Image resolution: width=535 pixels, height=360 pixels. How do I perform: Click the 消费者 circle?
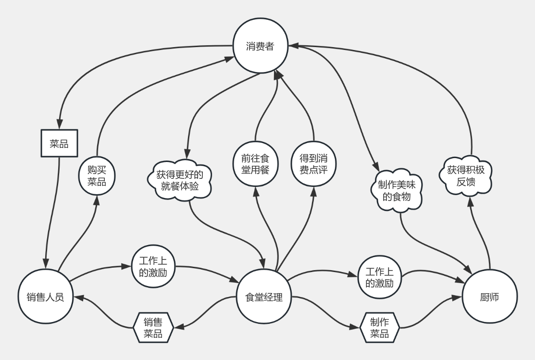(x=261, y=46)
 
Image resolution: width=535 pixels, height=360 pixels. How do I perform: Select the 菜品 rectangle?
(x=60, y=143)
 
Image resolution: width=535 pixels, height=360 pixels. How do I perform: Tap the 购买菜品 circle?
(x=97, y=176)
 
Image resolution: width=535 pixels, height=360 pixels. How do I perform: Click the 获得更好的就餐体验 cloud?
(x=179, y=181)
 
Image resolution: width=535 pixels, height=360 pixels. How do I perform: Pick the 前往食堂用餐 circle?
(x=256, y=164)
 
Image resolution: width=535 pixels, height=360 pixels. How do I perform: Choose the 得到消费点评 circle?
(x=313, y=164)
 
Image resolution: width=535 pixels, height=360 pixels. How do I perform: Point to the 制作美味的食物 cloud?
(x=397, y=191)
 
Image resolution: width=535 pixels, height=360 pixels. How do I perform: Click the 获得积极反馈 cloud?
(x=465, y=176)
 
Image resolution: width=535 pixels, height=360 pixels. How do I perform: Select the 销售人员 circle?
(x=45, y=297)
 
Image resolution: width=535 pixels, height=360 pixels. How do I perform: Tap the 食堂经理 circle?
(x=264, y=297)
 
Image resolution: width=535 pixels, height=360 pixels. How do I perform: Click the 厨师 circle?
(x=490, y=297)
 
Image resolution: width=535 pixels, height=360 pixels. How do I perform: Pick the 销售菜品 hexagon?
(x=153, y=328)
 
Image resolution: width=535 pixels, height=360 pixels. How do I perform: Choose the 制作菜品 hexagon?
(x=379, y=328)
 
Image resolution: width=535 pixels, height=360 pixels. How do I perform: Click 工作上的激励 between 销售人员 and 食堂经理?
(x=153, y=266)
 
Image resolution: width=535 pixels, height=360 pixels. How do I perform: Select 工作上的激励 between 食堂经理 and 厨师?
(x=379, y=277)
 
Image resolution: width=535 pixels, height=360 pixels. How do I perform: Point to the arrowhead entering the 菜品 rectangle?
(x=60, y=125)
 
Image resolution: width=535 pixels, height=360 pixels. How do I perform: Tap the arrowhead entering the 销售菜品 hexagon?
(x=179, y=326)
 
